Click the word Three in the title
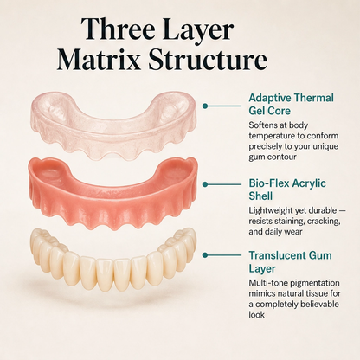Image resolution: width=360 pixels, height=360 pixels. (119, 29)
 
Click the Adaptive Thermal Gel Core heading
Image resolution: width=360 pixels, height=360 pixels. (291, 104)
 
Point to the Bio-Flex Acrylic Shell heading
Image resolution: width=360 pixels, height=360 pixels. (287, 190)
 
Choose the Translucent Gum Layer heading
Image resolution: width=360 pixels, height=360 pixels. (290, 262)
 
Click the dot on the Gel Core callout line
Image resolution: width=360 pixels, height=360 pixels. (205, 106)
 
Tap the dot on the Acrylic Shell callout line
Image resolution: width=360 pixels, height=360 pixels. (205, 184)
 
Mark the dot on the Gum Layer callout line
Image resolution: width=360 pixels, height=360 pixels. (205, 255)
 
